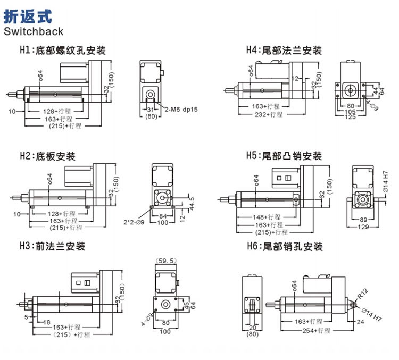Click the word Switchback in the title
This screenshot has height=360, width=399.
click(x=34, y=31)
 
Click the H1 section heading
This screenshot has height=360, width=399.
click(x=62, y=51)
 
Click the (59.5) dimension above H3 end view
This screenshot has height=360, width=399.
click(x=166, y=261)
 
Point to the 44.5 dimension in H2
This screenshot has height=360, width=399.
click(x=192, y=203)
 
